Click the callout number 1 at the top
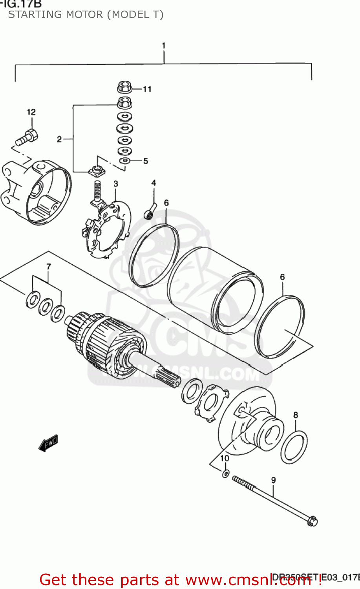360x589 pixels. tap(164, 46)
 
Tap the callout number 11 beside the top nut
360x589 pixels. tap(147, 89)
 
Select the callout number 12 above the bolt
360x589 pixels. tap(31, 112)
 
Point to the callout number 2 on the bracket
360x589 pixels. tap(59, 139)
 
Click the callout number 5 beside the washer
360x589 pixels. tap(146, 161)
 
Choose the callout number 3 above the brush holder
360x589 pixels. tap(116, 183)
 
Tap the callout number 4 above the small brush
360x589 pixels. tap(154, 183)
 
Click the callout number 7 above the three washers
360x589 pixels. tap(49, 267)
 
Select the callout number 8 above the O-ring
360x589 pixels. tap(296, 415)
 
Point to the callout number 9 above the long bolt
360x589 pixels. tap(273, 480)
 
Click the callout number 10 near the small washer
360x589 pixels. tap(225, 458)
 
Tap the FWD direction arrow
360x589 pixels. tap(49, 443)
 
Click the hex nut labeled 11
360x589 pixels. tap(124, 87)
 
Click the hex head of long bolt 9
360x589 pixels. tap(312, 521)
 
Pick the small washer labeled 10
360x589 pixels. tap(225, 473)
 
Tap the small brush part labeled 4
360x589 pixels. tap(150, 211)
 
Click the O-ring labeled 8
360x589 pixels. tap(294, 447)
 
